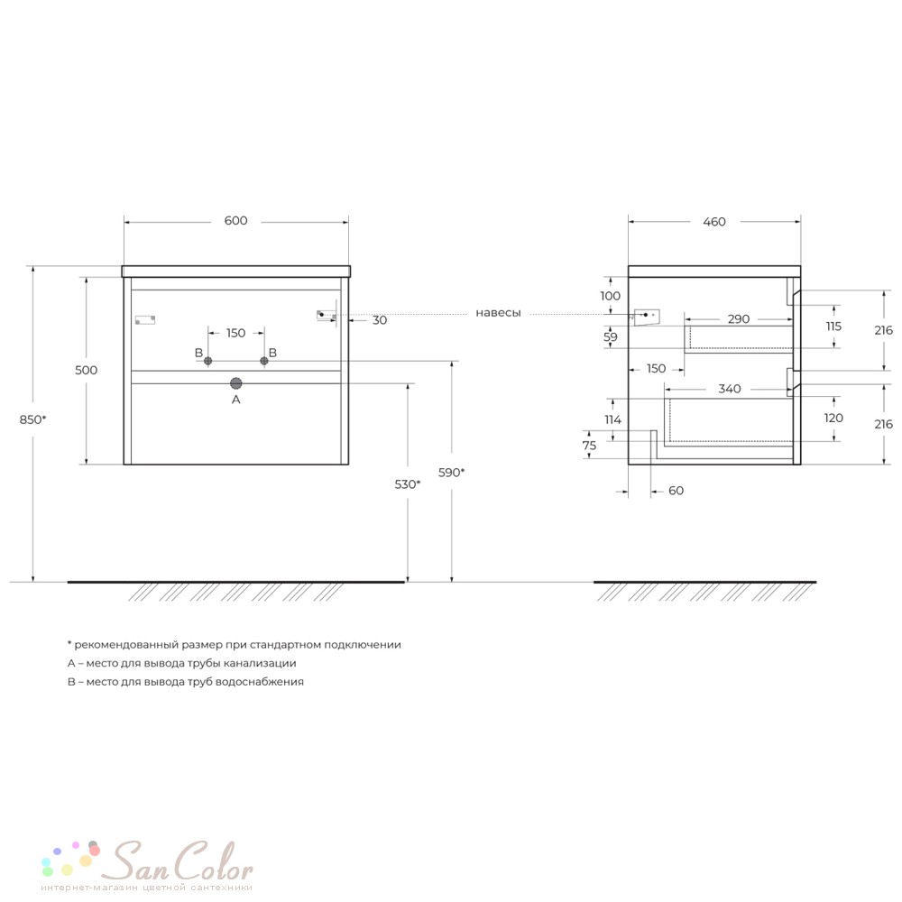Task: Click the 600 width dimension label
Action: tap(235, 221)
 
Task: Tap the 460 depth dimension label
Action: tap(714, 222)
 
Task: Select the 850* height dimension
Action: tap(32, 419)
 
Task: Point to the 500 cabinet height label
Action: tap(87, 371)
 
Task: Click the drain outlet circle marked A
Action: tap(235, 383)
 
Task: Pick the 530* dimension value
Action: tap(408, 484)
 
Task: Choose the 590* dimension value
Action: tap(452, 473)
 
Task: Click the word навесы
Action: tap(498, 313)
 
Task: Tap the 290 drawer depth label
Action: tap(739, 319)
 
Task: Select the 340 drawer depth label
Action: tap(730, 389)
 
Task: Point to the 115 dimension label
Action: tap(833, 327)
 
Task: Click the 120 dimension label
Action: tap(833, 419)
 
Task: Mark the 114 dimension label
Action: tap(612, 420)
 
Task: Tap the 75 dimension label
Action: tap(589, 446)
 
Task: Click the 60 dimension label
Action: tap(676, 491)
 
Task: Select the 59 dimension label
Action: tap(611, 337)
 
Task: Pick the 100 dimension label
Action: tap(611, 296)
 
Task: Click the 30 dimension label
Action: tap(380, 320)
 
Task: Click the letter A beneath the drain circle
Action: tap(235, 400)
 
